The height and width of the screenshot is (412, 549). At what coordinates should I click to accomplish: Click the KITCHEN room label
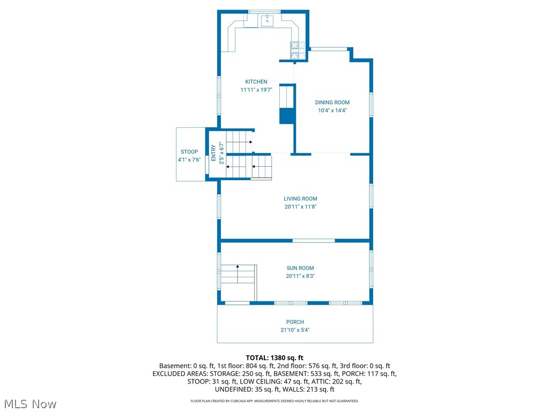[x=256, y=82]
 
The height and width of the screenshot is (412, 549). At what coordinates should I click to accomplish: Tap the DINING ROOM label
[x=332, y=102]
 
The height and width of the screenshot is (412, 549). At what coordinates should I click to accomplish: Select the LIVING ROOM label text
[x=300, y=198]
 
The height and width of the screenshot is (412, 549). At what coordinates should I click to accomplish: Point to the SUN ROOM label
[x=300, y=268]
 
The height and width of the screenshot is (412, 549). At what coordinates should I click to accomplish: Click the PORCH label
[x=295, y=322]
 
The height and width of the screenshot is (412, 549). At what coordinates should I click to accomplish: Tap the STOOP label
[x=189, y=152]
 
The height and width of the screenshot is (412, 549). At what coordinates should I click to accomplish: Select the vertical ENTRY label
[x=213, y=153]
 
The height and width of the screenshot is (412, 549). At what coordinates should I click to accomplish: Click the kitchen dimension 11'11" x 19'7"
[x=256, y=90]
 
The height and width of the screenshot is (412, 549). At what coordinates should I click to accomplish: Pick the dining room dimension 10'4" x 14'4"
[x=332, y=111]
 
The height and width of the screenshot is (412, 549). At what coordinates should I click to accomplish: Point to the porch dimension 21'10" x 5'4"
[x=295, y=330]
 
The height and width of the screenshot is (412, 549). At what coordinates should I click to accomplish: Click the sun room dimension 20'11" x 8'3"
[x=300, y=276]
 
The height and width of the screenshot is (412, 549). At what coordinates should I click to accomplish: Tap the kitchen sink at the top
[x=267, y=21]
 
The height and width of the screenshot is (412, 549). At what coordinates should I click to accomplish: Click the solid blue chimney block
[x=287, y=115]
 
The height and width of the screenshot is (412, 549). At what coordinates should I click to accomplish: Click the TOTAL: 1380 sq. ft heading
[x=274, y=357]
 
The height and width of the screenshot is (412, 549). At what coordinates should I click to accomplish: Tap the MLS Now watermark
[x=29, y=403]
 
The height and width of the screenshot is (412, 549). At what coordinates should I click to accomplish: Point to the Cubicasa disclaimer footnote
[x=274, y=401]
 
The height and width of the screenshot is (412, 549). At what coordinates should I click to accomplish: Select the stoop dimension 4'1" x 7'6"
[x=189, y=160]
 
